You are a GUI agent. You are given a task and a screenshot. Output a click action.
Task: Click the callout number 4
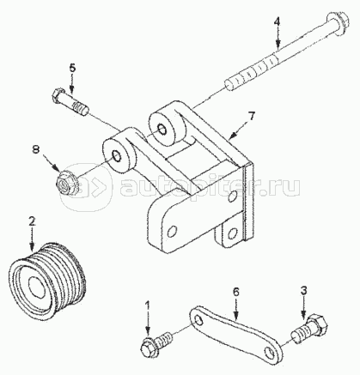point(277,22)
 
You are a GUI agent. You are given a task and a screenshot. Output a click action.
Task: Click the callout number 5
point(72,68)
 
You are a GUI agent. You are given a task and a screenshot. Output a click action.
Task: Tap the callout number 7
point(251,116)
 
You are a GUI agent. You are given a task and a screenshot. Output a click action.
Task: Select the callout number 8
point(35,149)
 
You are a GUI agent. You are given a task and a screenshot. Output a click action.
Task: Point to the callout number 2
point(32,221)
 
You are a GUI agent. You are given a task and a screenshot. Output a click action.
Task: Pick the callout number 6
point(235,292)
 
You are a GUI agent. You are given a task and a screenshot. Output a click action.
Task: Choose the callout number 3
point(304,290)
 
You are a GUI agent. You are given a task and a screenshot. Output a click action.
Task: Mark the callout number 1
point(148,305)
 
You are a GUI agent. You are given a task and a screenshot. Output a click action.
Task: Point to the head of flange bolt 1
point(149,347)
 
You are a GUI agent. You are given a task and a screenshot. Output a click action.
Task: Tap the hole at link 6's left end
point(198,319)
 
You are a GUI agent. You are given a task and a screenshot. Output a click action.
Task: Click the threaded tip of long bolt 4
point(229,84)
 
